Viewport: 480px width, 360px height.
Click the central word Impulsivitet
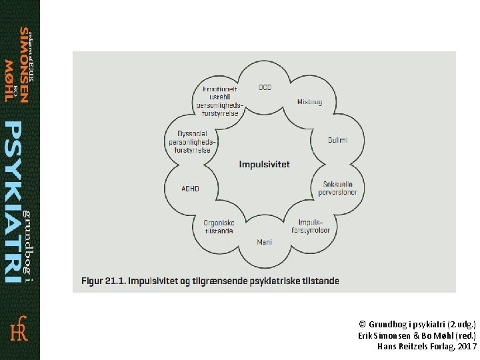coord(265,164)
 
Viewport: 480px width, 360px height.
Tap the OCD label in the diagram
coord(265,87)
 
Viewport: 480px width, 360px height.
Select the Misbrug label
coord(310,102)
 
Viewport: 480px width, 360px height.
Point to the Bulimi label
coord(337,140)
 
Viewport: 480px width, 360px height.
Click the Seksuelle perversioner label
coord(340,188)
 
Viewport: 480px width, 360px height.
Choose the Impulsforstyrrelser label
coord(311,226)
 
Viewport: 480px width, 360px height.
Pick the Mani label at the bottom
coord(265,241)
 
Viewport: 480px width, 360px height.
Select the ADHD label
coord(190,189)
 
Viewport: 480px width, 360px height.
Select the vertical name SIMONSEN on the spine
coord(24,65)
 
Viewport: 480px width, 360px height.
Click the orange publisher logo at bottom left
coord(19,329)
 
